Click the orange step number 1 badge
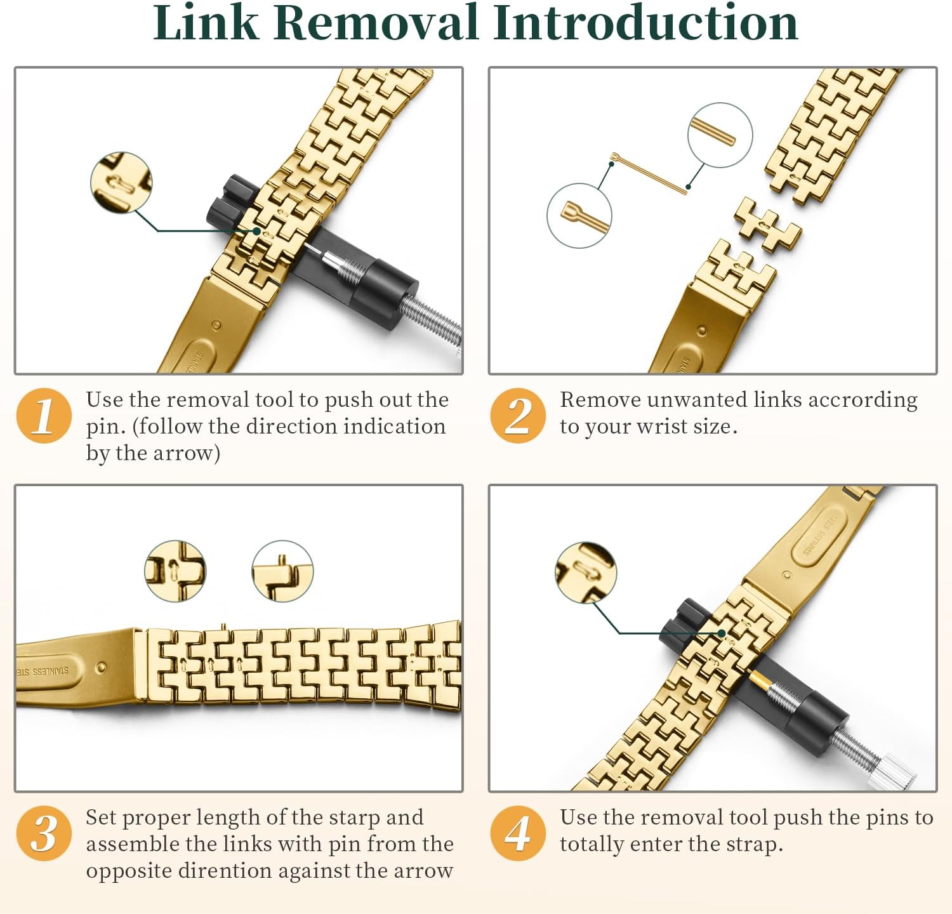point(44,415)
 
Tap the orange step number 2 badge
point(518,415)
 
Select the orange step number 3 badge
point(44,833)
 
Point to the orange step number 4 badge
point(518,833)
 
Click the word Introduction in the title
point(645,23)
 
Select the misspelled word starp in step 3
point(351,818)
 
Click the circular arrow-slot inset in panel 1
point(121,182)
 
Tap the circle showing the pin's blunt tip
point(720,135)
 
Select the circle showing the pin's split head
point(579,216)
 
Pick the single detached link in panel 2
point(767,225)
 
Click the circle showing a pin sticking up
point(282,572)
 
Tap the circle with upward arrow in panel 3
point(175,571)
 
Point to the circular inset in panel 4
point(586,573)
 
